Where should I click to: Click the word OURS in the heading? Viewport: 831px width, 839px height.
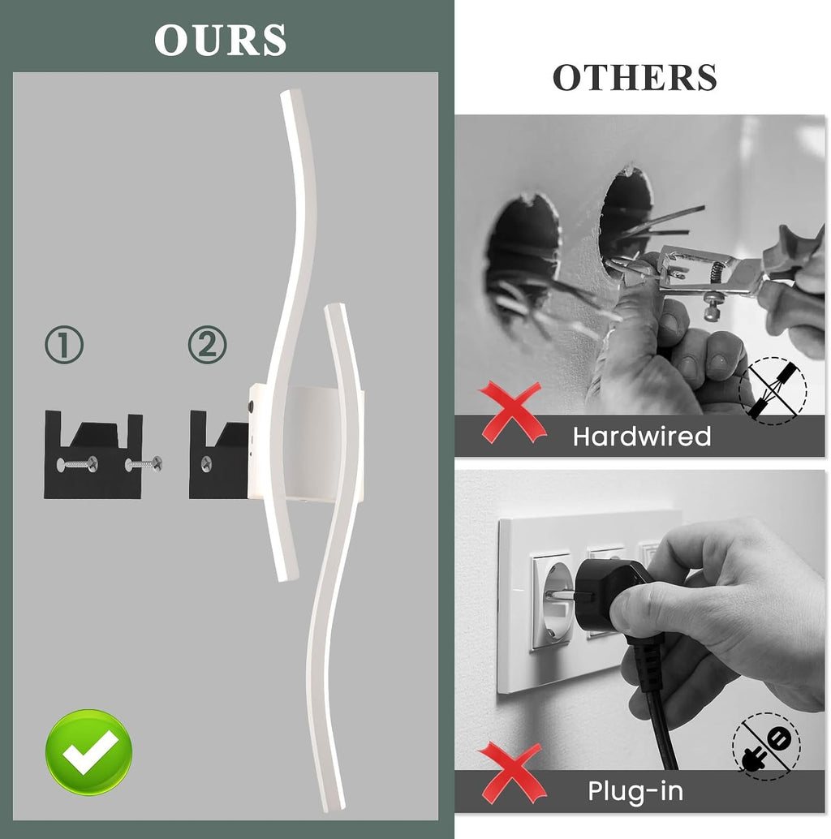(220, 40)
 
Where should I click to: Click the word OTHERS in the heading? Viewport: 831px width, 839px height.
(634, 78)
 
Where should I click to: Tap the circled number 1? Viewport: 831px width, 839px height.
(64, 345)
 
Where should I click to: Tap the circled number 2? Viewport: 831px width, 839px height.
(208, 345)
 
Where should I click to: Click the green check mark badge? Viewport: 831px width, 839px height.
(88, 752)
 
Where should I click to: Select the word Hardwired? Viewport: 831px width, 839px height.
(642, 437)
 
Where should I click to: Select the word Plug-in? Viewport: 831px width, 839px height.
(635, 791)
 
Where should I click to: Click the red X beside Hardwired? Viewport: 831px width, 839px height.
(511, 412)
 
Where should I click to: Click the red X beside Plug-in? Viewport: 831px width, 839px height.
(511, 772)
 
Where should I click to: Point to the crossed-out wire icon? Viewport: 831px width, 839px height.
(772, 391)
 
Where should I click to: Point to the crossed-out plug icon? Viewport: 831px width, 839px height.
(766, 746)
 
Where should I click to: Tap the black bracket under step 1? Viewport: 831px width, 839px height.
(93, 455)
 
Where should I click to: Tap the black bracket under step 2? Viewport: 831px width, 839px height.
(218, 455)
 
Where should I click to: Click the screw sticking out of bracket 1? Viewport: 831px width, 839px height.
(144, 464)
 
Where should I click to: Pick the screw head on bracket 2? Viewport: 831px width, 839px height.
(205, 464)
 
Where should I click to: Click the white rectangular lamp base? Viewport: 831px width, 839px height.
(305, 443)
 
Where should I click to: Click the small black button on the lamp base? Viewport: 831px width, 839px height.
(251, 407)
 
